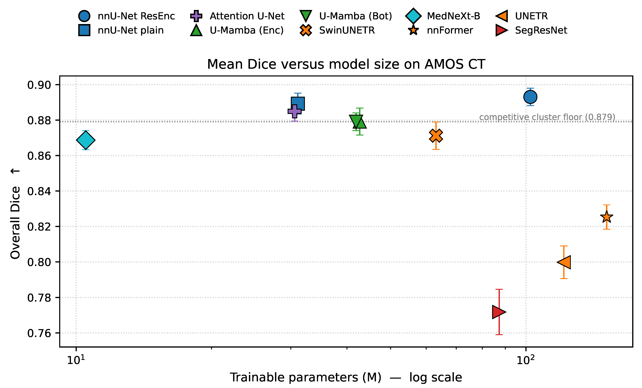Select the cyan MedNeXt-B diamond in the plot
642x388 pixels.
click(86, 140)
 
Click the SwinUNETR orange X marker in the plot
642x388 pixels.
click(436, 136)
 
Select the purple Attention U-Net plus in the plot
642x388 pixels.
click(294, 111)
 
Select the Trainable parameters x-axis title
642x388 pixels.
click(346, 377)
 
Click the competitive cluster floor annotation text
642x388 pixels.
click(547, 117)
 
